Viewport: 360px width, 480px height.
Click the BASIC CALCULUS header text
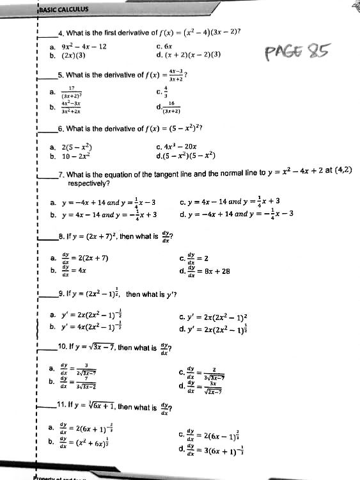(x=64, y=10)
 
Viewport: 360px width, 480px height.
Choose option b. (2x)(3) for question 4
(x=76, y=55)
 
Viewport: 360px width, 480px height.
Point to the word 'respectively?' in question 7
(x=88, y=183)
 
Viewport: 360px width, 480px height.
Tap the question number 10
(x=63, y=348)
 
